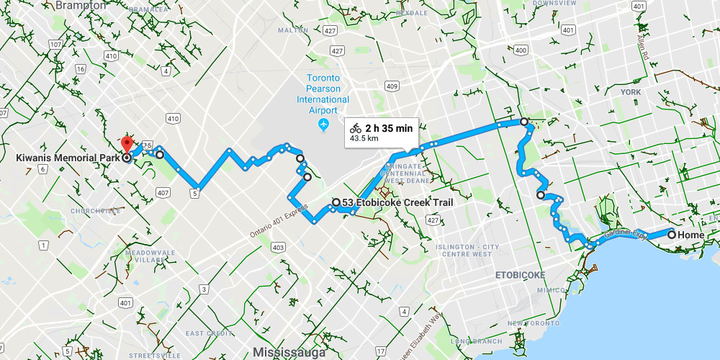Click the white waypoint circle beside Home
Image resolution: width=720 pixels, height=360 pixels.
pyautogui.click(x=671, y=235)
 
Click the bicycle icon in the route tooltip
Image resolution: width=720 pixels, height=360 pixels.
pyautogui.click(x=356, y=128)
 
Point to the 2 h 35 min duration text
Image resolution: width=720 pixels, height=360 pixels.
pyautogui.click(x=389, y=128)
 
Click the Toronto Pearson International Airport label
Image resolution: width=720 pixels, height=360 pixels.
pyautogui.click(x=323, y=94)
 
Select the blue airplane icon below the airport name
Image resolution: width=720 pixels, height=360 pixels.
pyautogui.click(x=323, y=125)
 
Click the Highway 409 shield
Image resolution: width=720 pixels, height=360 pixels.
pyautogui.click(x=391, y=86)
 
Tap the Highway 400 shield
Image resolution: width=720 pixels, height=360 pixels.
pyautogui.click(x=521, y=50)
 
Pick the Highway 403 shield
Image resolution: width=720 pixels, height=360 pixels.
pyautogui.click(x=278, y=247)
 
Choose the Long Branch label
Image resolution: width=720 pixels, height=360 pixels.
pyautogui.click(x=471, y=341)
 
